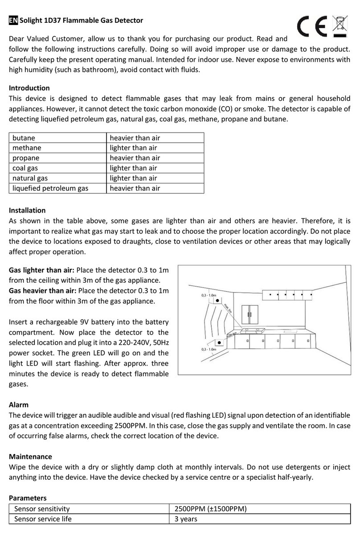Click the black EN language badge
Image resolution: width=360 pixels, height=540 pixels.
click(13, 21)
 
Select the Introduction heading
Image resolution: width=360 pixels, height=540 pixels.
click(29, 88)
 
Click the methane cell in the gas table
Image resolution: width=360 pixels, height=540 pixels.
click(27, 148)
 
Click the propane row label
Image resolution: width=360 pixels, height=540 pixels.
click(26, 158)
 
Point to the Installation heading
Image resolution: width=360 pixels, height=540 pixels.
click(27, 210)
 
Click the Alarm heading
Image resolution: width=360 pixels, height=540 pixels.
click(19, 405)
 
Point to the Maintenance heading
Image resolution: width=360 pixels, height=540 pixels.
click(30, 457)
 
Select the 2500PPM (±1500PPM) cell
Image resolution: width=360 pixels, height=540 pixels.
click(211, 509)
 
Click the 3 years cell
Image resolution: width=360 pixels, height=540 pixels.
click(186, 519)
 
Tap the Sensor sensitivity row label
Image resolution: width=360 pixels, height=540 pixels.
click(42, 509)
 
